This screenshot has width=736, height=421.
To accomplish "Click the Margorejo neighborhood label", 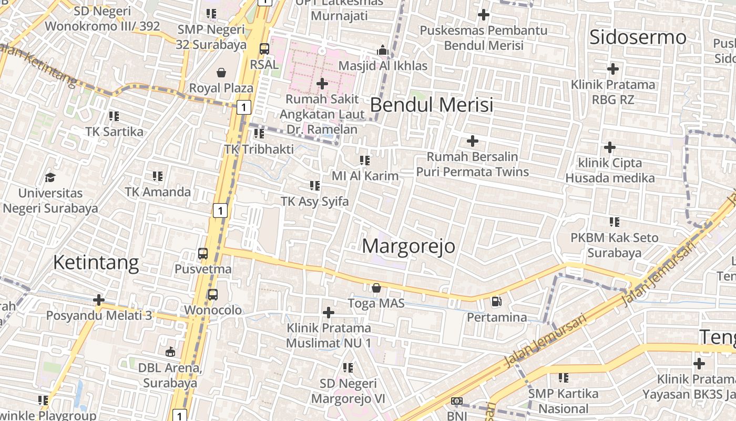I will click(408, 246).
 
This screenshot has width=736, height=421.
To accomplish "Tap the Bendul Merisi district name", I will click(432, 105).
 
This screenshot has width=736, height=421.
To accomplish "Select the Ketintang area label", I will click(96, 262).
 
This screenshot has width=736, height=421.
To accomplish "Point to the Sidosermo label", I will click(638, 37).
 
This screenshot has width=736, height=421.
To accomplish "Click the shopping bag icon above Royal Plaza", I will click(221, 72).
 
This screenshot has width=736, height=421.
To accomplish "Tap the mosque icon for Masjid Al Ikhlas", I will click(383, 50).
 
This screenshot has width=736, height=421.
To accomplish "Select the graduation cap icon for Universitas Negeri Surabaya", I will click(50, 177).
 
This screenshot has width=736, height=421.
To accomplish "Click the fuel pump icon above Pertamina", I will click(496, 302).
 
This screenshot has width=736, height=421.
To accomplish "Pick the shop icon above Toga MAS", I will click(376, 288).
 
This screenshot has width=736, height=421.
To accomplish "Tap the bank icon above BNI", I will click(456, 401).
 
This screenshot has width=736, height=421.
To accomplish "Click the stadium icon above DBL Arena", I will click(170, 352).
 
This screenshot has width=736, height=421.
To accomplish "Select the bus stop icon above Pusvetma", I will click(203, 254).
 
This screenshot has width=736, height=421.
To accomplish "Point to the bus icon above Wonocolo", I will click(212, 295).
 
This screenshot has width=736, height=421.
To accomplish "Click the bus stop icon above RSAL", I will click(264, 49).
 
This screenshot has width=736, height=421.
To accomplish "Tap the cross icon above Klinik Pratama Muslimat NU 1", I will click(329, 313).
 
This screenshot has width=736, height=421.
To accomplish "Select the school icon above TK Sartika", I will click(114, 116).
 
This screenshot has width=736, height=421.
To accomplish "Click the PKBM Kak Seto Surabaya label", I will click(614, 245).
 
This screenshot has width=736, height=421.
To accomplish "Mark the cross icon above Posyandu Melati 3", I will click(99, 300).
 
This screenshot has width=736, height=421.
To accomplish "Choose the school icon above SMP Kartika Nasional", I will click(564, 377).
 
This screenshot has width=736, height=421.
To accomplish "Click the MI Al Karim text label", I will click(365, 176).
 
